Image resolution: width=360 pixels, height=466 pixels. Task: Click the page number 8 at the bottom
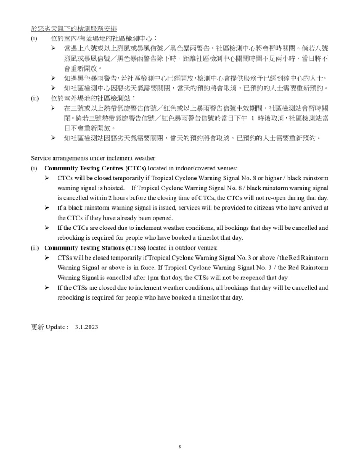click(180, 447)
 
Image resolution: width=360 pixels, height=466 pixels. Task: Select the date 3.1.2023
click(86, 327)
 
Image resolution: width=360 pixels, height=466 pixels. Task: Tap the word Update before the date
click(56, 327)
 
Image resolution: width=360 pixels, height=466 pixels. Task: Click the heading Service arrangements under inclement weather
click(93, 158)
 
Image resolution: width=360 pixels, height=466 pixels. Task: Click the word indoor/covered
click(192, 168)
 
